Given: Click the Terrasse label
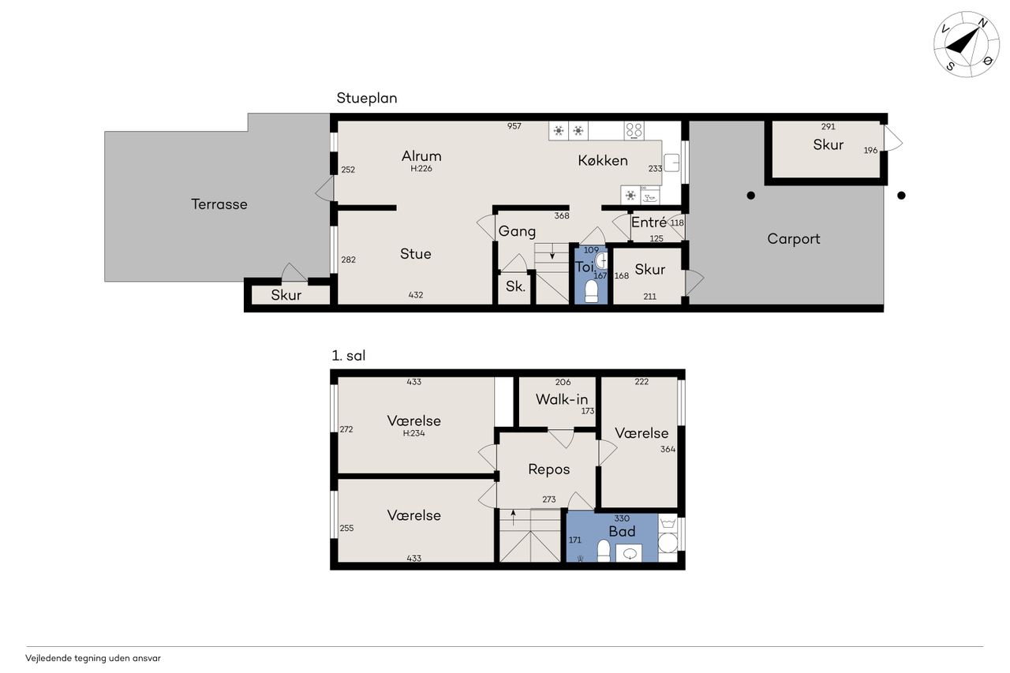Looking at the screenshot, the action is click(219, 204).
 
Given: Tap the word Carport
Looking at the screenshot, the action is click(794, 239).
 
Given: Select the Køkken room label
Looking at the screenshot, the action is click(603, 160).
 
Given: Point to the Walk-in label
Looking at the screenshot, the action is click(562, 399).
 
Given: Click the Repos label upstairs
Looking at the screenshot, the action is click(548, 469).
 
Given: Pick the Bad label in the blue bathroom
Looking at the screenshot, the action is click(622, 532).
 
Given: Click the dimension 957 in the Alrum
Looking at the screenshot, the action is click(514, 126).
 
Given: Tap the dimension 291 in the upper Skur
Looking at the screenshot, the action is click(828, 127).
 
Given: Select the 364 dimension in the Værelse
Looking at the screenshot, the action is click(668, 449).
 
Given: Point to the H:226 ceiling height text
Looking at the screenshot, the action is click(421, 169).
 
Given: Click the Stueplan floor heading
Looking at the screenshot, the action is click(367, 99).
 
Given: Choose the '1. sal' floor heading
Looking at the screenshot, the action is click(349, 356).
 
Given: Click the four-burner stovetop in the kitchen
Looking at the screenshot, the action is click(634, 131).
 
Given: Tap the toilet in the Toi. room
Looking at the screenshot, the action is click(591, 291).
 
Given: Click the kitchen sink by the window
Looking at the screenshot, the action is click(671, 163).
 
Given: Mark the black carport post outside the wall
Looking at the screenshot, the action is click(901, 196).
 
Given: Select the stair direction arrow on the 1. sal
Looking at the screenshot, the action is click(513, 518).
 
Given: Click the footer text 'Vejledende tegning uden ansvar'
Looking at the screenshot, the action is click(93, 658).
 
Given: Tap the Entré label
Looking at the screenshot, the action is click(649, 222).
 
